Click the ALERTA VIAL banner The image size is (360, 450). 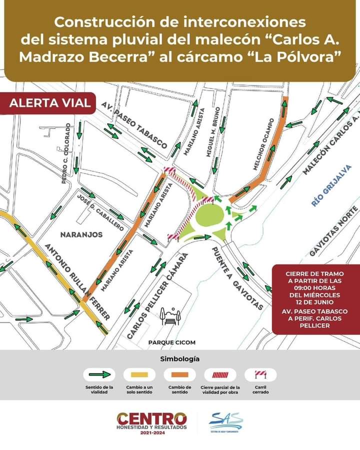coord(50,103)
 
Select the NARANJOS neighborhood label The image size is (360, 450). coord(81,234)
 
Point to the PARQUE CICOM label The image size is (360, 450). coord(171,342)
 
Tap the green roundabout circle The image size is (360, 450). coord(209,216)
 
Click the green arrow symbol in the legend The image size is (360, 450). coord(98,374)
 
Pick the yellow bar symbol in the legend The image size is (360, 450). coord(139,374)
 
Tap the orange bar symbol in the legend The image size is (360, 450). coord(179,374)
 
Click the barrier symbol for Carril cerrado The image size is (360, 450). coord(260,374)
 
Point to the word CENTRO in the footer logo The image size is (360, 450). coord(151,418)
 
